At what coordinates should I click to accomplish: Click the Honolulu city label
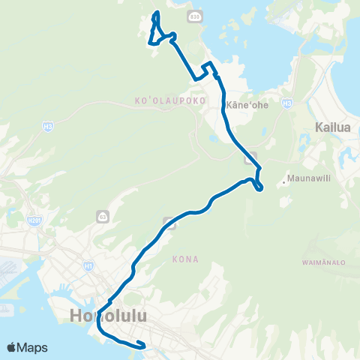coord(109,316)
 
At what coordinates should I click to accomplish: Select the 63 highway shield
coord(102,216)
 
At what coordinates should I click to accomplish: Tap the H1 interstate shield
coord(88,265)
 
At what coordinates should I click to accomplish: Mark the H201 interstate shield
coord(34,220)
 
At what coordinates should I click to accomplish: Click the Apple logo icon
coord(12,347)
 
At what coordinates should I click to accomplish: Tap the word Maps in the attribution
coord(34,347)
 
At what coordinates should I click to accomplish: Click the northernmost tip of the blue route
coord(156,13)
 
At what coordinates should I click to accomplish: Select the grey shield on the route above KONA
coord(171,223)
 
